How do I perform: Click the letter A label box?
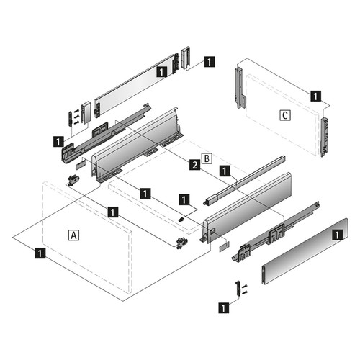coord(73,235)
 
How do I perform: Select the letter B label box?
coord(207,158)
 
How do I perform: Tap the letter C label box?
coord(285,115)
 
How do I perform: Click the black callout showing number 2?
coord(195,165)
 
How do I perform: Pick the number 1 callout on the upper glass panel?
coord(162,72)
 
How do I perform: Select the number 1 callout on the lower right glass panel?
coord(338,235)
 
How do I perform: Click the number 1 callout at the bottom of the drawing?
coord(224,308)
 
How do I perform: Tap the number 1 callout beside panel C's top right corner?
coord(315,96)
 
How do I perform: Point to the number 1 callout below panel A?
coord(40,253)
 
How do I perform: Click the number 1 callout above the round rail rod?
coord(225,171)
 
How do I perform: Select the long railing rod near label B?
coord(244,180)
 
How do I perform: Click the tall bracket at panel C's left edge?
coord(240,88)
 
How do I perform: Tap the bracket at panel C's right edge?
coord(325,137)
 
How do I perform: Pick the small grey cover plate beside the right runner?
coord(224,246)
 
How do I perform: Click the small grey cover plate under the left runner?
coord(81,165)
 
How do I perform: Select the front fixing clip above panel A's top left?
coord(73,181)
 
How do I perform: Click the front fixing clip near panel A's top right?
coord(182,243)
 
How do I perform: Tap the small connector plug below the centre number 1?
coord(182,219)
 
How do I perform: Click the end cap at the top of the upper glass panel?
coord(186,58)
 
